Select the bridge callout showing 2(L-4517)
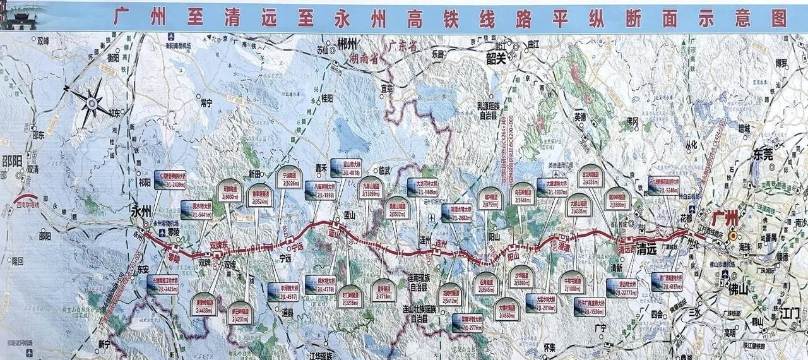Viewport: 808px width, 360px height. click(283, 291)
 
